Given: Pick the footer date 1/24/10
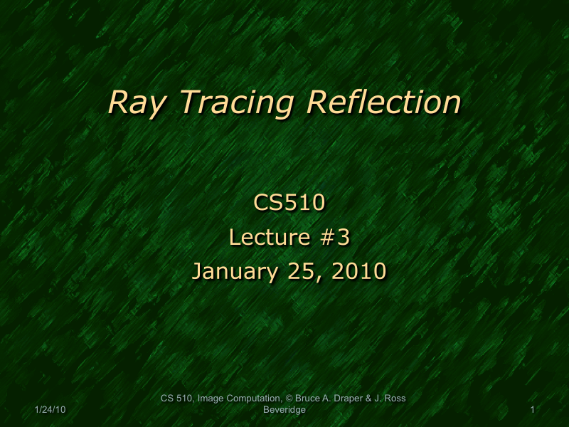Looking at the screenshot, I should (50, 411).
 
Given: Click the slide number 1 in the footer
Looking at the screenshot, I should (532, 411).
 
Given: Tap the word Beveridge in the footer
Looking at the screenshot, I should (284, 411).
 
